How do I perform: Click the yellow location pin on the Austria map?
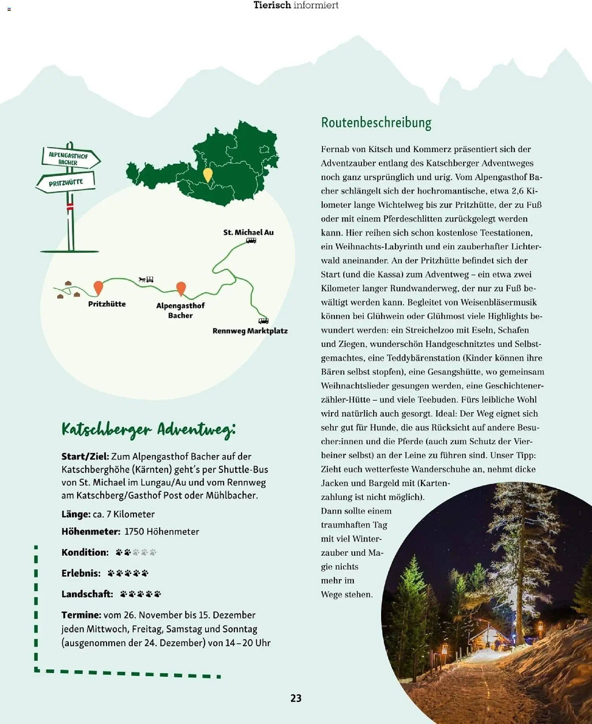point(208,174)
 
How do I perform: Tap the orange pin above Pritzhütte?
point(98,287)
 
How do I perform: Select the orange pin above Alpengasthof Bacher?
point(181,288)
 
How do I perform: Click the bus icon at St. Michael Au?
point(251,240)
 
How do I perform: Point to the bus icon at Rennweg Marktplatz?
point(263,321)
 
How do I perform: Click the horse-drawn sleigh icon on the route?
point(146,279)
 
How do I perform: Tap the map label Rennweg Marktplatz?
point(250,331)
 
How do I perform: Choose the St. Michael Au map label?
point(248,232)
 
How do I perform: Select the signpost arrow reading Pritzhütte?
point(66,182)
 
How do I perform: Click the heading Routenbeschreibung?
point(376,123)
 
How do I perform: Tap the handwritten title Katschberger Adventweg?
point(149,430)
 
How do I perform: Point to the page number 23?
point(296,698)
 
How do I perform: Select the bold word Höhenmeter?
point(91,531)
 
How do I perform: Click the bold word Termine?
point(81,615)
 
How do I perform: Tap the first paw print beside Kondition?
point(119,552)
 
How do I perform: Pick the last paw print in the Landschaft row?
point(157,594)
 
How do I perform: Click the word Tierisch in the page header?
point(272,5)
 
